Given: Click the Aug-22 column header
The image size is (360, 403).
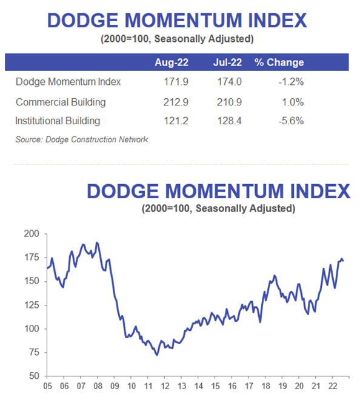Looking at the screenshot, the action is [172, 62].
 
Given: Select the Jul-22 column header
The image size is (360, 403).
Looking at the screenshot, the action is [227, 62].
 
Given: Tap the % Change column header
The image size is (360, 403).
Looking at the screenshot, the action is [279, 62].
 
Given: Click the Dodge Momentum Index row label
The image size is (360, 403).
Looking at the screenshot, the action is [68, 82].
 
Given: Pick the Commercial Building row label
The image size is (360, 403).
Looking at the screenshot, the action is [61, 102].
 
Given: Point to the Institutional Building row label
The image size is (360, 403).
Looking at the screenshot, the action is [58, 121].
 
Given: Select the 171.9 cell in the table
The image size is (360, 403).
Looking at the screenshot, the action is [176, 82].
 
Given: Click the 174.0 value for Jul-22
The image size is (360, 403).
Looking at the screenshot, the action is [230, 82].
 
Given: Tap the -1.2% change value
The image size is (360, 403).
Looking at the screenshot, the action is [291, 82].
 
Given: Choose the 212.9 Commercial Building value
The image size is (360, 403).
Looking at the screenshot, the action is [176, 102].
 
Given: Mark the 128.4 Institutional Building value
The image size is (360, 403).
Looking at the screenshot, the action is [230, 121].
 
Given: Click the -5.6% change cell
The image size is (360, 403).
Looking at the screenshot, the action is [291, 121].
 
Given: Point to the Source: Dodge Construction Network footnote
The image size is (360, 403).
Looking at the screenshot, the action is [82, 139].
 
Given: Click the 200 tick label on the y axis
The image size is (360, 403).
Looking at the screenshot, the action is [32, 234].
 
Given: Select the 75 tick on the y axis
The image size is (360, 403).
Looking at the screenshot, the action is [34, 352].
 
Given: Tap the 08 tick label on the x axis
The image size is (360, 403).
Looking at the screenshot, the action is [98, 386].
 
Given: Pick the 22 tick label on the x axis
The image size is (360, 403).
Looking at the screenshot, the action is [333, 386].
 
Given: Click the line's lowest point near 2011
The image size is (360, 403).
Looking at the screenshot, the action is [157, 355].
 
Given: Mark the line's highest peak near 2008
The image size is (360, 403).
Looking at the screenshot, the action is [96, 242].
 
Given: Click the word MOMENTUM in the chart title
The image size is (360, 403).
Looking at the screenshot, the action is [225, 192].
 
